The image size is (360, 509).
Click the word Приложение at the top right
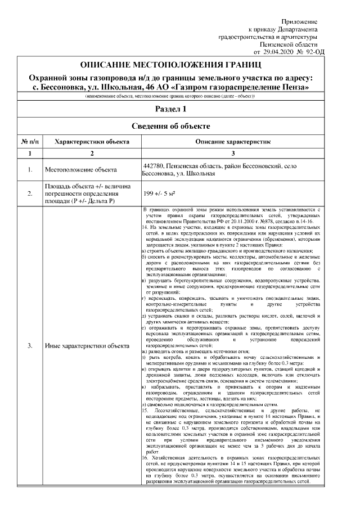pyautogui.click(x=299, y=21)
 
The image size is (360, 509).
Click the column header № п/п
pyautogui.click(x=29, y=142)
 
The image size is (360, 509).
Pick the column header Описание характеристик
pyautogui.click(x=233, y=142)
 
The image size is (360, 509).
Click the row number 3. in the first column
pyautogui.click(x=29, y=345)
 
